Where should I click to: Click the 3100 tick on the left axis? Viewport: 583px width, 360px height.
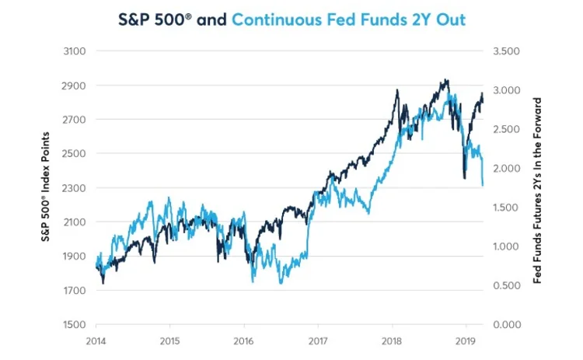pos(75,51)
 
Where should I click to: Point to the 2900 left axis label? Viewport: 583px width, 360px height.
pos(75,86)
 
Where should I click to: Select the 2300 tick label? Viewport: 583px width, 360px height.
pos(75,188)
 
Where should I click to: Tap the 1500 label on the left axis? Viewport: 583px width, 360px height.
pos(75,324)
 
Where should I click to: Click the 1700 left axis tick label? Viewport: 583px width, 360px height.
pos(75,291)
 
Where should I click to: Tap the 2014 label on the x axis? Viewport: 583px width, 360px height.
pos(96,341)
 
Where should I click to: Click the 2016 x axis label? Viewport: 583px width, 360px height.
pos(244,341)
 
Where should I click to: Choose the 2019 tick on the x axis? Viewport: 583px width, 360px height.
pos(465,341)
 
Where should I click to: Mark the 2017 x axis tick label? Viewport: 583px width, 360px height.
pos(318,341)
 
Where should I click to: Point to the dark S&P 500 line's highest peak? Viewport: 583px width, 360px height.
pos(445,79)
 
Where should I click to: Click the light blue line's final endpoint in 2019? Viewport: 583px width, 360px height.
pos(483,186)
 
